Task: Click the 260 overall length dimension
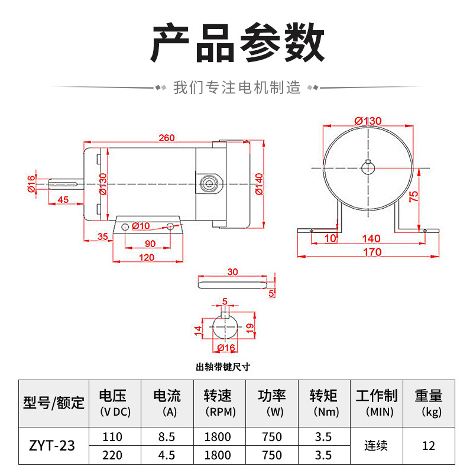tap(167, 138)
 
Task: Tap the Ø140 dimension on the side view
tap(259, 184)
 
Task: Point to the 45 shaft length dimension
tap(63, 200)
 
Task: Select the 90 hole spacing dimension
tap(150, 244)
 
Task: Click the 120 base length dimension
tap(147, 257)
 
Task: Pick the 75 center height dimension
tap(413, 196)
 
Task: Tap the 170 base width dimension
tap(372, 252)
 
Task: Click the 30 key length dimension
tap(232, 272)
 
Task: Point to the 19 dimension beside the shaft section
tap(250, 328)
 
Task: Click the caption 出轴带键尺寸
tap(223, 367)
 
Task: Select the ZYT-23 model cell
tap(52, 446)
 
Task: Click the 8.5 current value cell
tap(167, 436)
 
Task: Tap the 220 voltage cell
tap(112, 455)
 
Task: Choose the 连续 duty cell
tap(376, 446)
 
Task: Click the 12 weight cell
tap(429, 446)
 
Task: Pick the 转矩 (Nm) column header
tap(324, 403)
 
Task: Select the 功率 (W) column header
tap(272, 403)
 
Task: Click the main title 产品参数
tap(237, 43)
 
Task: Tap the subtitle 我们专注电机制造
tap(237, 88)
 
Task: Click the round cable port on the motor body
tap(209, 183)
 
